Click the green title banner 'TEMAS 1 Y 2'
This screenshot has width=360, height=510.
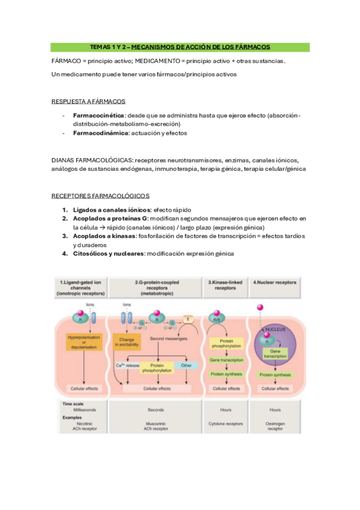(x=180, y=46)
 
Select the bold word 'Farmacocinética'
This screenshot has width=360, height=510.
(x=99, y=115)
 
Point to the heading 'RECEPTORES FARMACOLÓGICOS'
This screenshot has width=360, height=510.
(x=100, y=195)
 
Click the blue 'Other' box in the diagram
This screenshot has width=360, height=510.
(x=187, y=365)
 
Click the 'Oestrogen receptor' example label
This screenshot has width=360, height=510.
(x=275, y=426)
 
